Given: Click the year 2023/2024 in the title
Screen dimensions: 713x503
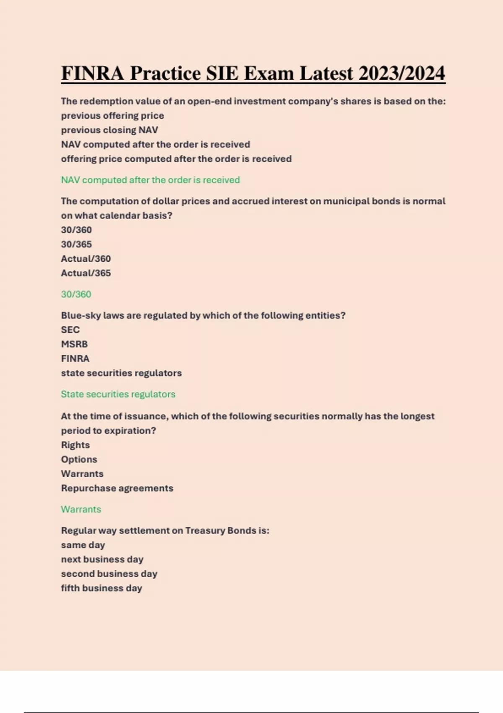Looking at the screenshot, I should point(402,73).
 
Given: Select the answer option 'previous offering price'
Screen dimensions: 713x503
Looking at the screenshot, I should point(112,116).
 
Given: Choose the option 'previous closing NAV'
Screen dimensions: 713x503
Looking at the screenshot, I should point(109,130).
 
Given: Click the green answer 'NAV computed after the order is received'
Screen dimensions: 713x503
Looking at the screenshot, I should point(150,180).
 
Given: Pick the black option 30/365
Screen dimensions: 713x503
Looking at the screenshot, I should point(76,244).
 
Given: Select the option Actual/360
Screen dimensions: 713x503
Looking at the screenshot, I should point(86,259).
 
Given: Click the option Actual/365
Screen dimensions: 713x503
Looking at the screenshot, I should point(86,273).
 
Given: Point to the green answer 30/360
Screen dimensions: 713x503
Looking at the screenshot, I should point(76,294).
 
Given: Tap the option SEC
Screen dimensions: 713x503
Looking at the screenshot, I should point(70,330).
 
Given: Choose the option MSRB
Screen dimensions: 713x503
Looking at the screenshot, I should point(74,344).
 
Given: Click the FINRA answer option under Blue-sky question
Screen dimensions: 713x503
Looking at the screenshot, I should point(75,359).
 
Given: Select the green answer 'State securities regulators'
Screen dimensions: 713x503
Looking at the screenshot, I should point(118,394).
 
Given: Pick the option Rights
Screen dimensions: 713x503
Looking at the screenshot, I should point(75,445).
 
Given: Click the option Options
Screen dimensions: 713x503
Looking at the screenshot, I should point(79,459).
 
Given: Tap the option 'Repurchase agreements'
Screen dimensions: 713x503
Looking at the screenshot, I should point(117,488).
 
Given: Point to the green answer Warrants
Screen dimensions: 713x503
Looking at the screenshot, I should point(81,510).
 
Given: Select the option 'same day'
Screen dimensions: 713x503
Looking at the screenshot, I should point(83,545).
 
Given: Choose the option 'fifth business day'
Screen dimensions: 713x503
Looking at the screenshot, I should point(101,588).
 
